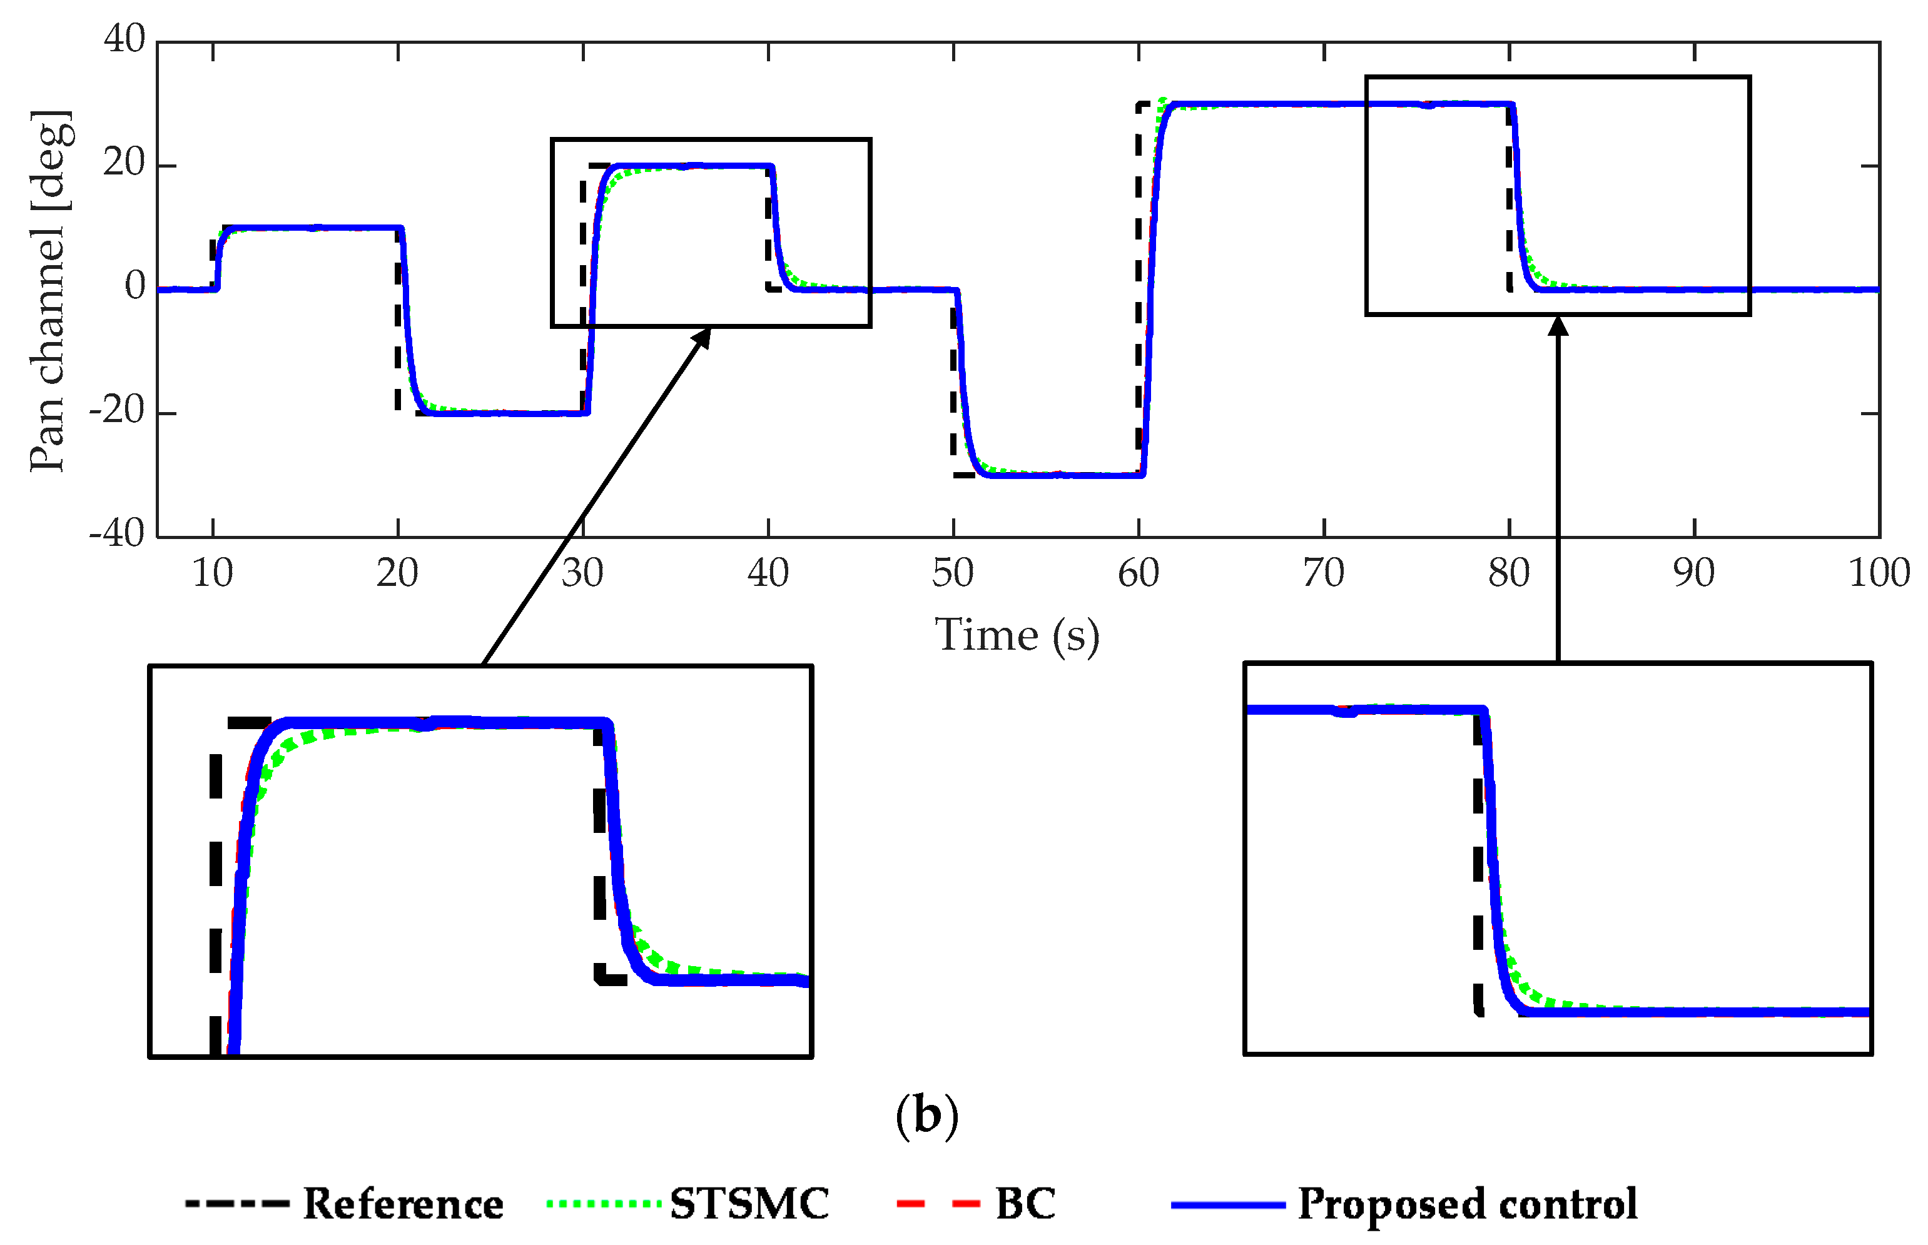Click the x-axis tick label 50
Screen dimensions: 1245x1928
click(953, 574)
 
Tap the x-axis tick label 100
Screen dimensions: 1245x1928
click(1879, 574)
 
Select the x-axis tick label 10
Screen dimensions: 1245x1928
click(213, 574)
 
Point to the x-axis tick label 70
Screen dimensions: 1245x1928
click(1323, 574)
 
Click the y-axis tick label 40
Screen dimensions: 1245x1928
click(124, 39)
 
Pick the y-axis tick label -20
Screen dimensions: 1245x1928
click(117, 411)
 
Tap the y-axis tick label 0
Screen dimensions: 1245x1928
click(135, 286)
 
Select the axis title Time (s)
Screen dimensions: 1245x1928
click(1017, 635)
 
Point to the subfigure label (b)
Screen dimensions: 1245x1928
click(927, 1116)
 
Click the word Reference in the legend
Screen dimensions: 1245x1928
click(403, 1204)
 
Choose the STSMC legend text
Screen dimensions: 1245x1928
click(749, 1204)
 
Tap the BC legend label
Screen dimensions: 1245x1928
click(1025, 1204)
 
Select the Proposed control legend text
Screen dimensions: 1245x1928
click(1467, 1204)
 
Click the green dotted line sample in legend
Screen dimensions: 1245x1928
click(604, 1204)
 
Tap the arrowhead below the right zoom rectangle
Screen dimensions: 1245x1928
click(1558, 325)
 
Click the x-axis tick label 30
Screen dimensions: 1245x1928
click(582, 574)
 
